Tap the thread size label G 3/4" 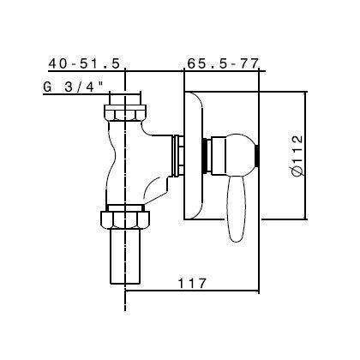pos(73,87)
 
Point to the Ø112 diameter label pos(296,153)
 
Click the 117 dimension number pos(190,279)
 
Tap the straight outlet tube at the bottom pos(125,257)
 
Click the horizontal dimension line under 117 pos(190,289)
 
